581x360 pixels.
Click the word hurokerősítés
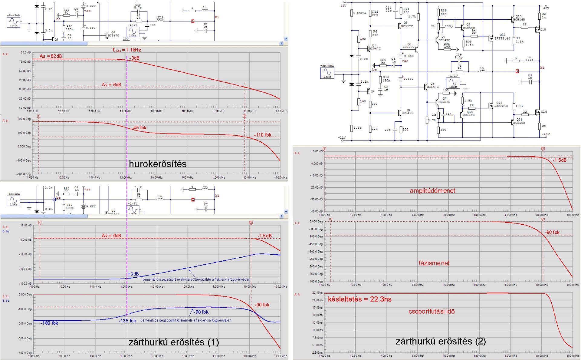[158, 164]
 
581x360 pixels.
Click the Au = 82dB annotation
[51, 56]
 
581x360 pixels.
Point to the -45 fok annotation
[139, 128]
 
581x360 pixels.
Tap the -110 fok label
[263, 135]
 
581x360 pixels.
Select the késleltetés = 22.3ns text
[359, 299]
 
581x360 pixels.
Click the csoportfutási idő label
[432, 312]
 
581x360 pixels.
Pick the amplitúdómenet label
[432, 191]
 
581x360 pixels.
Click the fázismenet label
[434, 263]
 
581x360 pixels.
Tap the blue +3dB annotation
[133, 274]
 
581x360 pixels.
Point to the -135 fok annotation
[127, 321]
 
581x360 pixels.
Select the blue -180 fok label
[49, 323]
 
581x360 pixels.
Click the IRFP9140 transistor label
[502, 39]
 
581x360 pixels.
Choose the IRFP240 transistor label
[501, 106]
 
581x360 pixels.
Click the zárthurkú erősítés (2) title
[441, 342]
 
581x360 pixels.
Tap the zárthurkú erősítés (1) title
[174, 342]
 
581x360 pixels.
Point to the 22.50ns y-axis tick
[317, 293]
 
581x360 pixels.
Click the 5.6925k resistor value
[360, 13]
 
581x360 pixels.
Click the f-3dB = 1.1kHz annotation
[127, 50]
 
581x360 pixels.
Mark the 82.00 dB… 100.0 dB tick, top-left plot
[25, 52]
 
